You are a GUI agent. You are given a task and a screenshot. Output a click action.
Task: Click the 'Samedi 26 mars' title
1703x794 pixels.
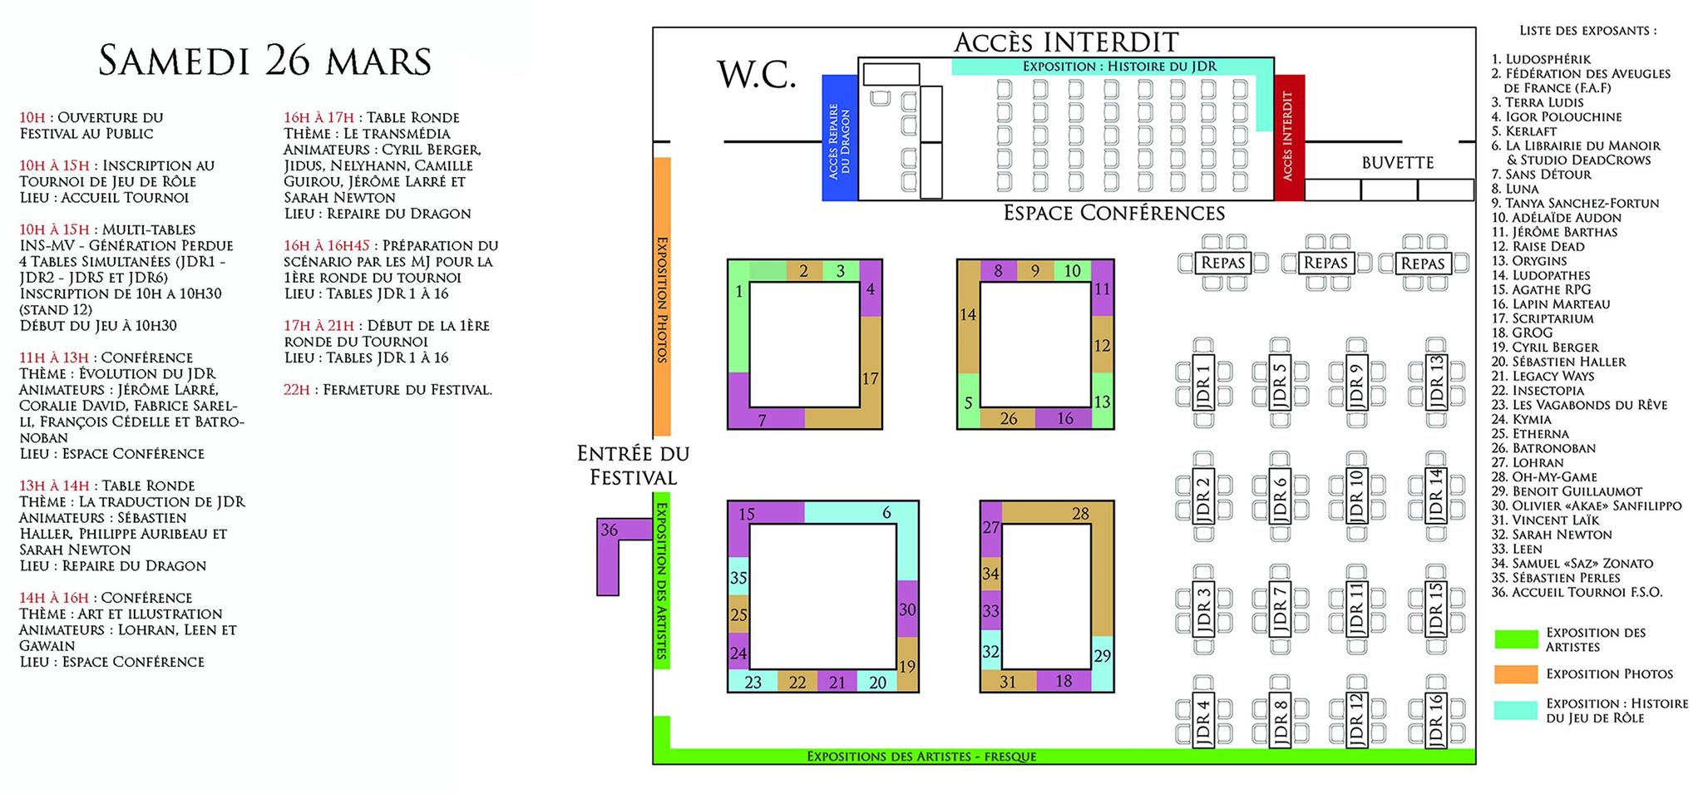coord(264,62)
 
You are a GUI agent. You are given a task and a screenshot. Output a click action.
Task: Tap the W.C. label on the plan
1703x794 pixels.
coord(757,75)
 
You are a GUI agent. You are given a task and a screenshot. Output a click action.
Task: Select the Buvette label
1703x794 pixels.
coord(1397,163)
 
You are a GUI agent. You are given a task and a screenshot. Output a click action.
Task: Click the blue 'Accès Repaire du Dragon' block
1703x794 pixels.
coord(839,138)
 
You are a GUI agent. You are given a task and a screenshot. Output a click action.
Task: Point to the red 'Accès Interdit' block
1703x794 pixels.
coord(1289,137)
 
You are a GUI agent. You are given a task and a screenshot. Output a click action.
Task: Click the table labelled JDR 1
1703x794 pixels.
coord(1203,382)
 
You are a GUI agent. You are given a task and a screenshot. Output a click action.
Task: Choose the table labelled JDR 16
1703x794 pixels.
coord(1436,720)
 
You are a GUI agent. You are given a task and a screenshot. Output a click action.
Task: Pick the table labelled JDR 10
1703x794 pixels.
coord(1356,496)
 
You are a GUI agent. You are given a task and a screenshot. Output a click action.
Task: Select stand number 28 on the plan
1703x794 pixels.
coord(1081,514)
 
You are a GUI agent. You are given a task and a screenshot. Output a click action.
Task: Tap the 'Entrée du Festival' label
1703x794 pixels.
coord(633,466)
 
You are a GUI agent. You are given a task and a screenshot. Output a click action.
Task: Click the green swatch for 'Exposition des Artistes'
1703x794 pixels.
coord(1515,639)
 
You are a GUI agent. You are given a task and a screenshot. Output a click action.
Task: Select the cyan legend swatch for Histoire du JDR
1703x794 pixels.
coord(1515,710)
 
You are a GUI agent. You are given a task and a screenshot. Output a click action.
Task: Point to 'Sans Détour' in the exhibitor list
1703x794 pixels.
coord(1548,175)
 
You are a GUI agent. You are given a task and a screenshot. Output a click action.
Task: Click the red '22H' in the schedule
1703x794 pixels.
coord(296,390)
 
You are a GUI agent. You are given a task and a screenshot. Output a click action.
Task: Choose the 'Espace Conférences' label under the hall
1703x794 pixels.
coord(1113,214)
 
